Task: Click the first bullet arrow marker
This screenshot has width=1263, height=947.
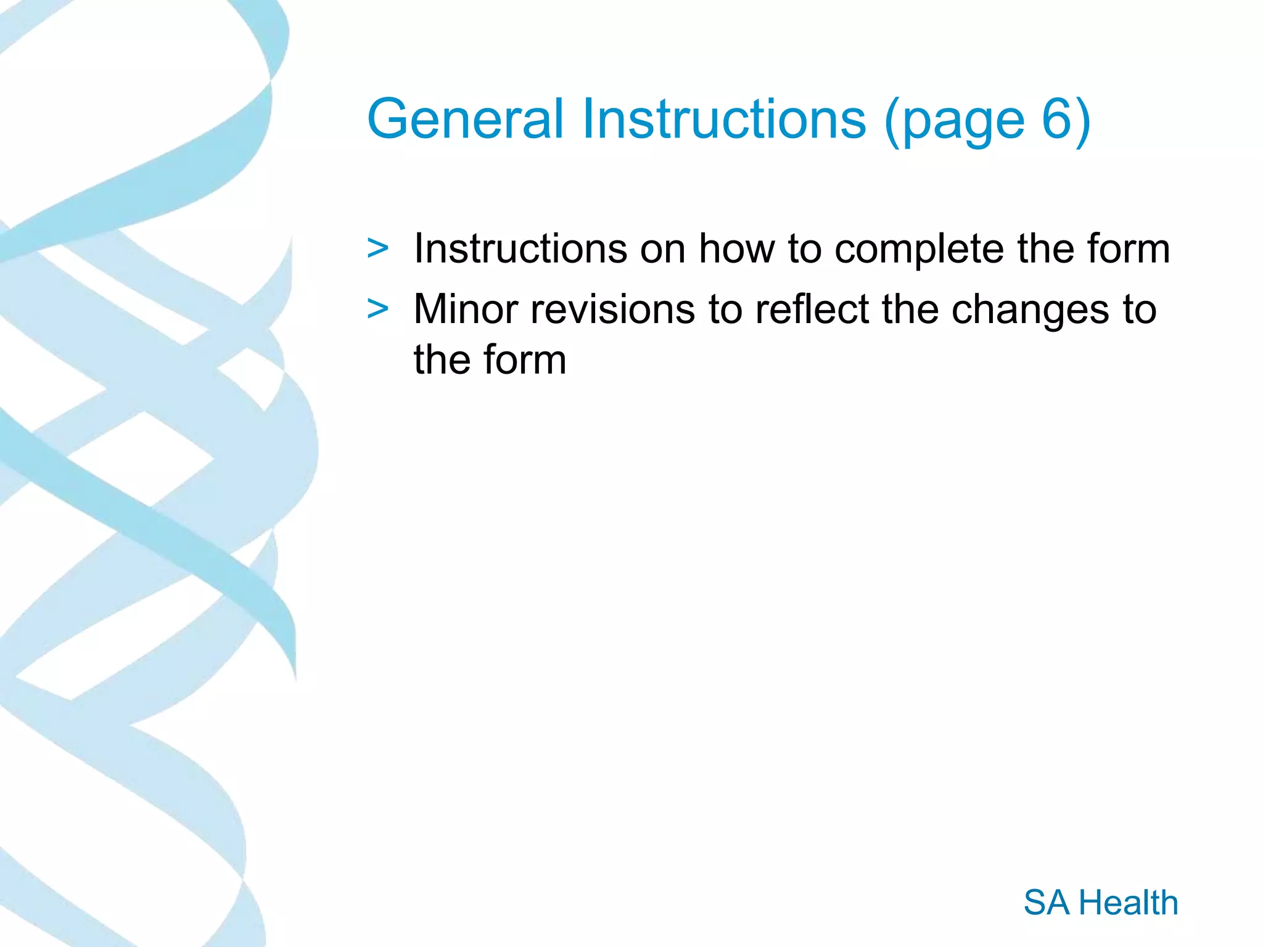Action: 377,249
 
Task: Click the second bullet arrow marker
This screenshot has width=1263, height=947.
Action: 377,309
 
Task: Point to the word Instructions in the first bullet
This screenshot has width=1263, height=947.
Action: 520,249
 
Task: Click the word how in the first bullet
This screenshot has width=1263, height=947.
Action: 736,249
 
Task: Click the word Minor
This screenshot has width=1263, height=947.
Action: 466,309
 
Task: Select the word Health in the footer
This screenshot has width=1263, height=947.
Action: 1128,903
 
